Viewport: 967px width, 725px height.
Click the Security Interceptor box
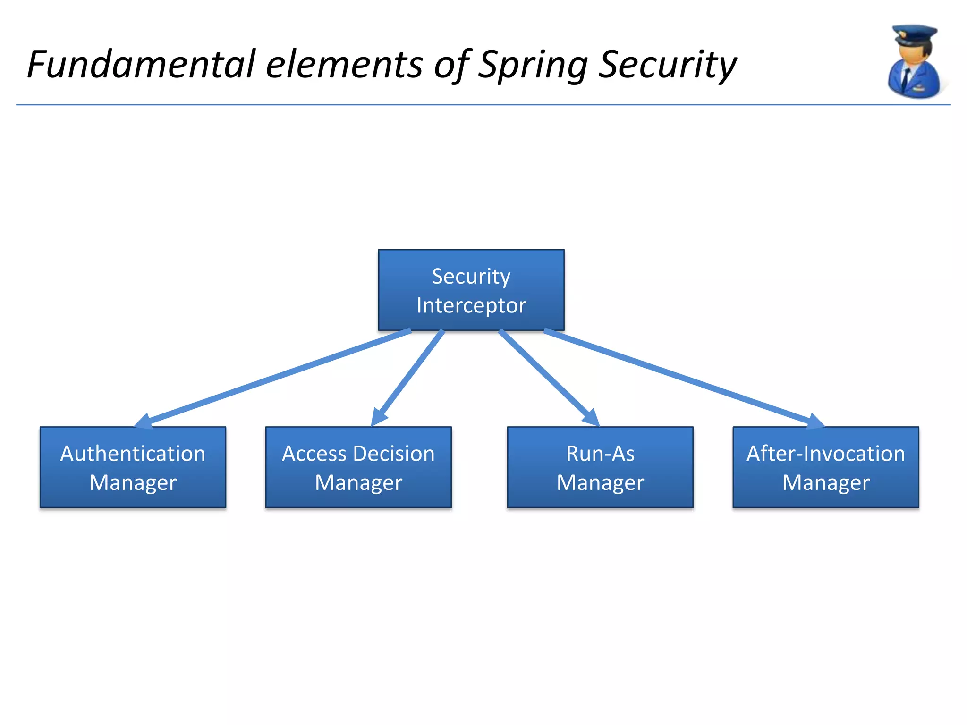[471, 289]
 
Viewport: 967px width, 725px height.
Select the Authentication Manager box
[133, 467]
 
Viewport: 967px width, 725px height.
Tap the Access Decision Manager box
[358, 467]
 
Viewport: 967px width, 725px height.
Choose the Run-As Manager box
[600, 467]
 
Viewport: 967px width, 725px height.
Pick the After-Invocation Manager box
[825, 467]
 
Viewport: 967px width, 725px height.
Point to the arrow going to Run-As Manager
[548, 378]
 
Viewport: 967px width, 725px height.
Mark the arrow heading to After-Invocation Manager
[685, 378]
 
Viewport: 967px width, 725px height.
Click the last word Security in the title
[667, 65]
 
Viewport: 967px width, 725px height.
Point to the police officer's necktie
[906, 78]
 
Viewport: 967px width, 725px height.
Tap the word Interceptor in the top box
[471, 305]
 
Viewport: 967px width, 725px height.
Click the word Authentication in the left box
[133, 454]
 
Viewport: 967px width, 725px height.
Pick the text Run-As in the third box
[600, 454]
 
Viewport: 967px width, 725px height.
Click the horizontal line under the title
[472, 105]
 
